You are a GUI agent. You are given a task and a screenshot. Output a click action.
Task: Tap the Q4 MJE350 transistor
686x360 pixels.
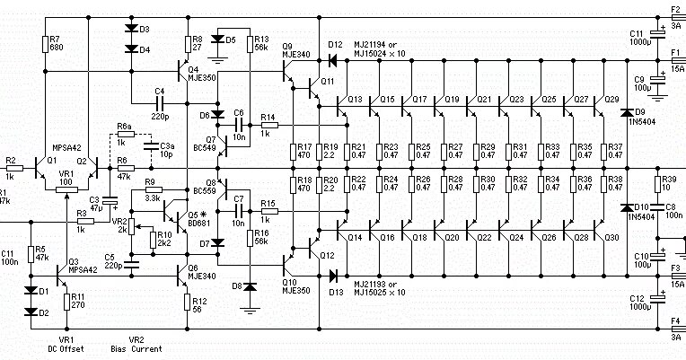pos(184,71)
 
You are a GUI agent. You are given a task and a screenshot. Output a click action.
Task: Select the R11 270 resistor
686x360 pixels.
pos(66,302)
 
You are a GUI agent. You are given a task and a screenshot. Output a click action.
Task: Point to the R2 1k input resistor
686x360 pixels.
pos(12,168)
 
